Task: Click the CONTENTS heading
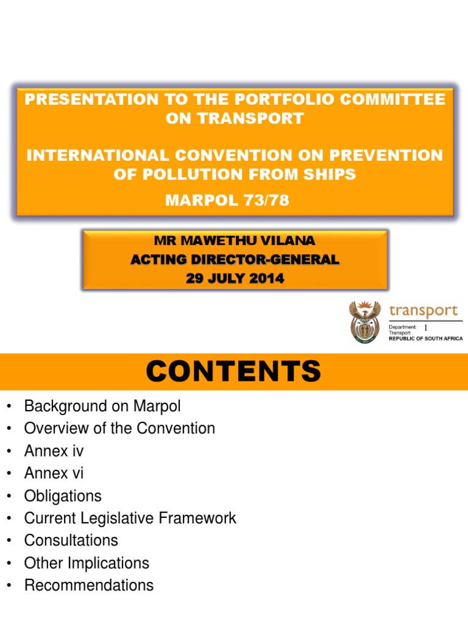click(x=234, y=371)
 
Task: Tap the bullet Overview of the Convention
click(x=119, y=428)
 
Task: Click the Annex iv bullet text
click(x=54, y=451)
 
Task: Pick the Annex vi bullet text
click(x=54, y=473)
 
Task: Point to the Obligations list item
click(x=63, y=496)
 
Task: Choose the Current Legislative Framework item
click(x=130, y=519)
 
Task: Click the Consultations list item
click(x=71, y=541)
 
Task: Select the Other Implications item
click(x=87, y=563)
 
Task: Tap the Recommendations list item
click(x=89, y=586)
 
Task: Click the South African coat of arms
click(x=364, y=322)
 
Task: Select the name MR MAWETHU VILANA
click(x=235, y=241)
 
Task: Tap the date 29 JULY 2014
click(x=235, y=279)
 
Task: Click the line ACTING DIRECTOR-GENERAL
click(x=235, y=260)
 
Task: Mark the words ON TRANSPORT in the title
click(x=235, y=118)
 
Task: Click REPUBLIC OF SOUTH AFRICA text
click(x=425, y=338)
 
